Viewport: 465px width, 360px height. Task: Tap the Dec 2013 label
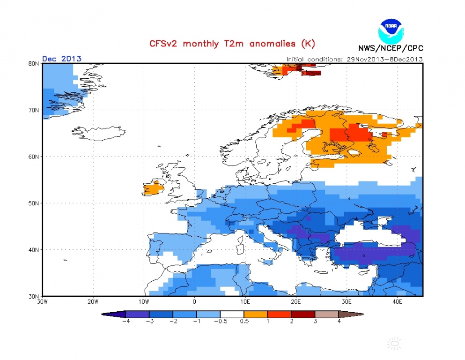point(62,59)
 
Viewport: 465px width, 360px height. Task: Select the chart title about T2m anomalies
point(232,44)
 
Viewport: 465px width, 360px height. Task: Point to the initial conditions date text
point(354,59)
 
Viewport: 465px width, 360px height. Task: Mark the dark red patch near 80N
point(311,73)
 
